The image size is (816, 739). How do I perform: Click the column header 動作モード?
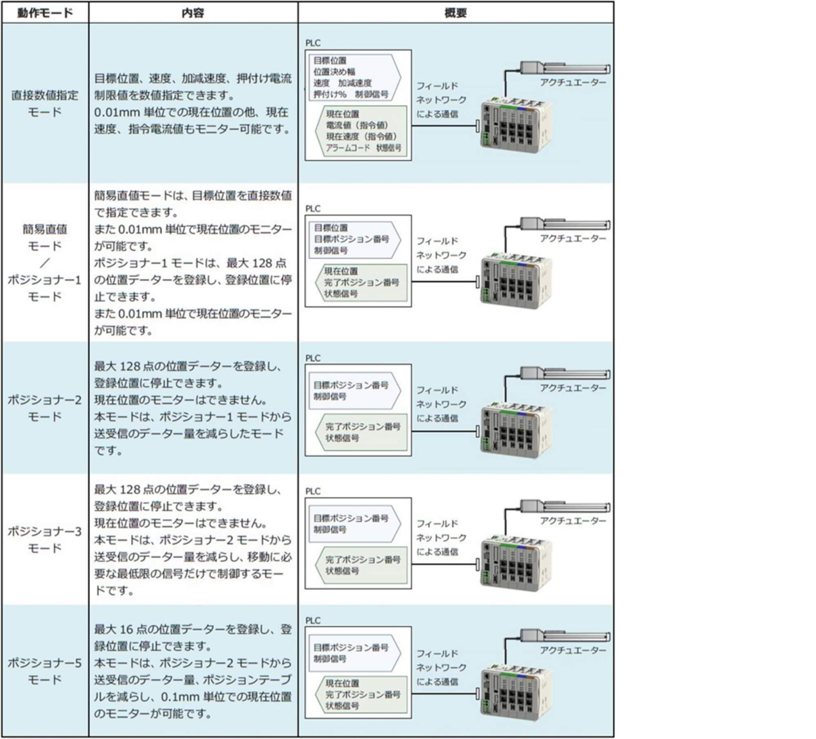pos(45,13)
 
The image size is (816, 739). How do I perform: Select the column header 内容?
pos(193,13)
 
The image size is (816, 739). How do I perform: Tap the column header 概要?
pos(455,13)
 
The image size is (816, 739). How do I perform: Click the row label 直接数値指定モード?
pos(45,103)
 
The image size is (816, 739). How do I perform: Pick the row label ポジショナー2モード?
pos(45,408)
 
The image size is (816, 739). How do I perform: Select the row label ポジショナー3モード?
pos(45,539)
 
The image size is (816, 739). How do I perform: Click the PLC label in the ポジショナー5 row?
pos(313,620)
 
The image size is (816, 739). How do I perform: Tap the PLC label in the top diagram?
pos(313,43)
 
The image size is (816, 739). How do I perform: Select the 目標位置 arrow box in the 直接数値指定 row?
pos(353,78)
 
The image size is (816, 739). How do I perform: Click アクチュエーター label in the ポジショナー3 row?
pos(573,521)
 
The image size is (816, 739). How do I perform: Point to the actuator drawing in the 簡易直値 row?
pos(565,224)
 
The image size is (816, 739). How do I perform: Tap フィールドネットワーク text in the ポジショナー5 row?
pos(441,667)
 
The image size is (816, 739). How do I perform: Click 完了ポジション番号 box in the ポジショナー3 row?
pos(362,565)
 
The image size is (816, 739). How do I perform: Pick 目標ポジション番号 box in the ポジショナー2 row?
pos(353,390)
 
